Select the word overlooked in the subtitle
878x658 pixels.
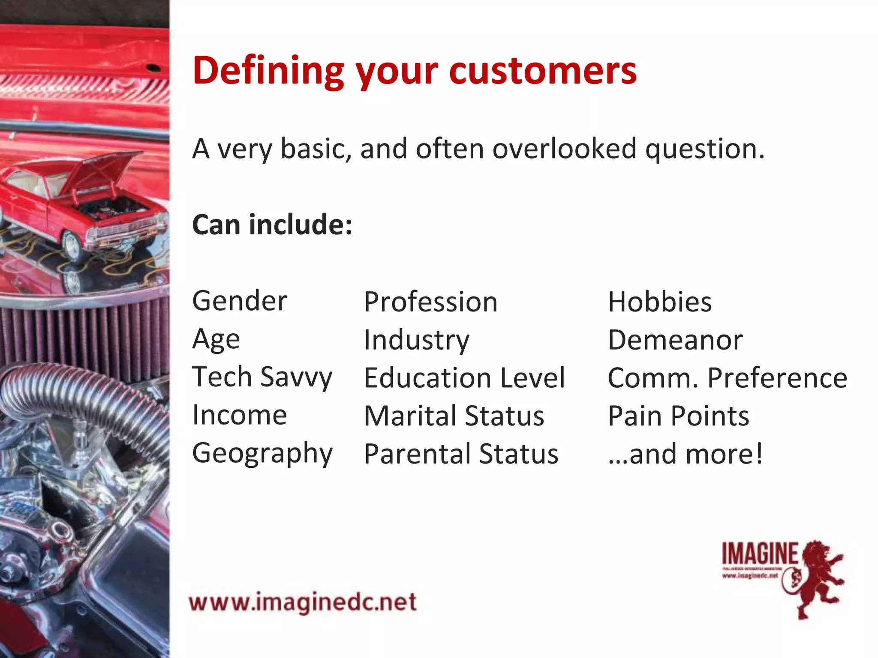tap(564, 149)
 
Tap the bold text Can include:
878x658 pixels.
tap(272, 224)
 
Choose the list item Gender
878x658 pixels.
tap(239, 301)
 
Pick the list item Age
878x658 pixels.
tap(216, 340)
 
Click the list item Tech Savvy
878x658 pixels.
tap(262, 377)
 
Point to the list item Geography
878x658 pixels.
tap(262, 453)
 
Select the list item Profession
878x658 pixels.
tap(430, 302)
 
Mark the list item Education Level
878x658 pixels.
tap(464, 378)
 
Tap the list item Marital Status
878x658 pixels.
tap(454, 416)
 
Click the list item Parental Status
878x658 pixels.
tap(461, 454)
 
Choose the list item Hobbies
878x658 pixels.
tap(660, 302)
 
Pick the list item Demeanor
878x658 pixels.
tap(675, 340)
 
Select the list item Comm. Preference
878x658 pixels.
tap(727, 378)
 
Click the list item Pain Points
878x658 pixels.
tap(678, 416)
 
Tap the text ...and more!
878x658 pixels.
tap(685, 454)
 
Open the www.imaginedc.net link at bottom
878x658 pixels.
tap(303, 602)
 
